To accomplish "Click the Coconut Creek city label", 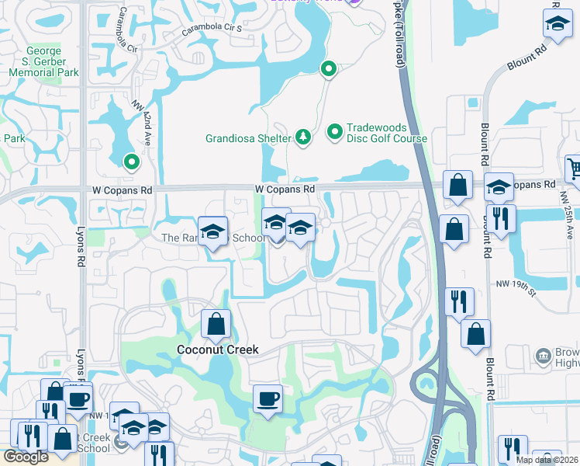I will click(x=217, y=349).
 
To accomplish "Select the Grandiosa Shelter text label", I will click(x=247, y=139).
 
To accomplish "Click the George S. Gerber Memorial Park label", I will click(x=44, y=62).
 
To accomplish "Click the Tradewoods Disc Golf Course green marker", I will click(x=335, y=133).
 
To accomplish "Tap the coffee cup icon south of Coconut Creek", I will click(x=268, y=399).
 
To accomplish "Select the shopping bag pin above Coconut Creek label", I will click(x=216, y=324).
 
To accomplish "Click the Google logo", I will click(x=26, y=457).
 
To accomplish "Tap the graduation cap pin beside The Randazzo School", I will click(x=212, y=231).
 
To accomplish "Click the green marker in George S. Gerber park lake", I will click(x=131, y=162).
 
